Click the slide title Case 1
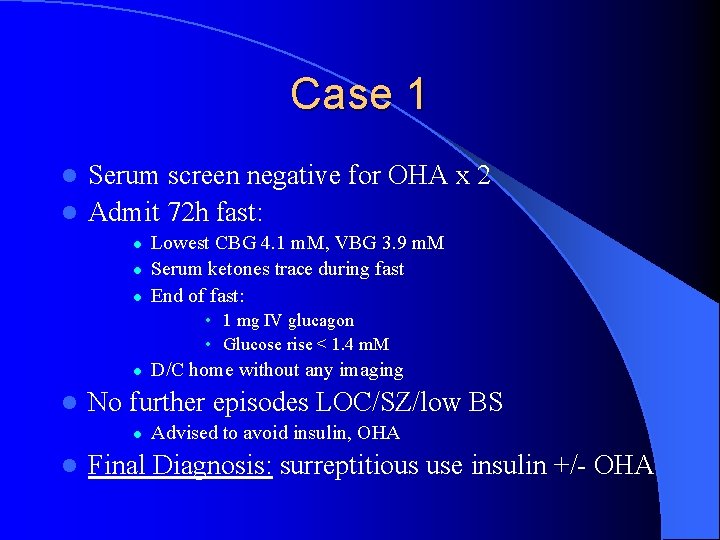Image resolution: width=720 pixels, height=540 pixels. click(359, 94)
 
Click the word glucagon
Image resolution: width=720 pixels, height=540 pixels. click(321, 321)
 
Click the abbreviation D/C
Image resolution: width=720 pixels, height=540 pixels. click(167, 371)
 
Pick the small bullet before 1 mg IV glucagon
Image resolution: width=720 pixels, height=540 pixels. click(207, 321)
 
